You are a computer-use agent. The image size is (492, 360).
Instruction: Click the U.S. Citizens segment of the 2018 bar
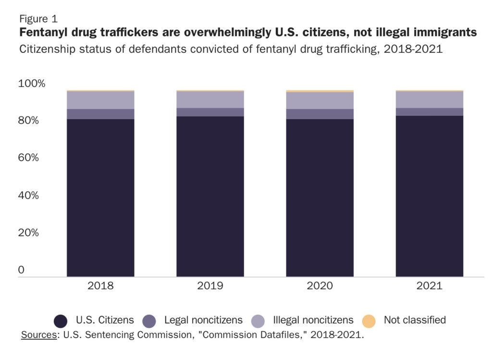(100, 197)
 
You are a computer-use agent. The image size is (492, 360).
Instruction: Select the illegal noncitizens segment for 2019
(210, 99)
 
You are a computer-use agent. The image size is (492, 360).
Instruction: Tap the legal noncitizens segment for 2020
(320, 114)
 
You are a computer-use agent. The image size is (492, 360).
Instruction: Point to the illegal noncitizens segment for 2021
(429, 99)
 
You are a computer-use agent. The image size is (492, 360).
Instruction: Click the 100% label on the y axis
(32, 84)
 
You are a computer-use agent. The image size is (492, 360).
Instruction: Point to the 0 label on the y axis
(21, 270)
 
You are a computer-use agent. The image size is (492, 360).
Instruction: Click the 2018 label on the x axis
(100, 286)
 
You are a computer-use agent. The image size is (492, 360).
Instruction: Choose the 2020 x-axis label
(320, 286)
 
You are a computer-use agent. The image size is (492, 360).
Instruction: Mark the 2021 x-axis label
(429, 286)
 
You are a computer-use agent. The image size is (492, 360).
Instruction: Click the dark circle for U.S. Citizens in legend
(61, 321)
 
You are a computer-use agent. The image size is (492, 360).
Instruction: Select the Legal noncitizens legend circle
(149, 321)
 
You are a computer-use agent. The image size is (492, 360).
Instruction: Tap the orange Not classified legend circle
(369, 321)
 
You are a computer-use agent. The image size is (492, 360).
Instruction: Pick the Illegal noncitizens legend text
(313, 320)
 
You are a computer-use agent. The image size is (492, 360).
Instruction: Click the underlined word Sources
(38, 335)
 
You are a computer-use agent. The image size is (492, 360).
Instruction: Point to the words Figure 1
(38, 19)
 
